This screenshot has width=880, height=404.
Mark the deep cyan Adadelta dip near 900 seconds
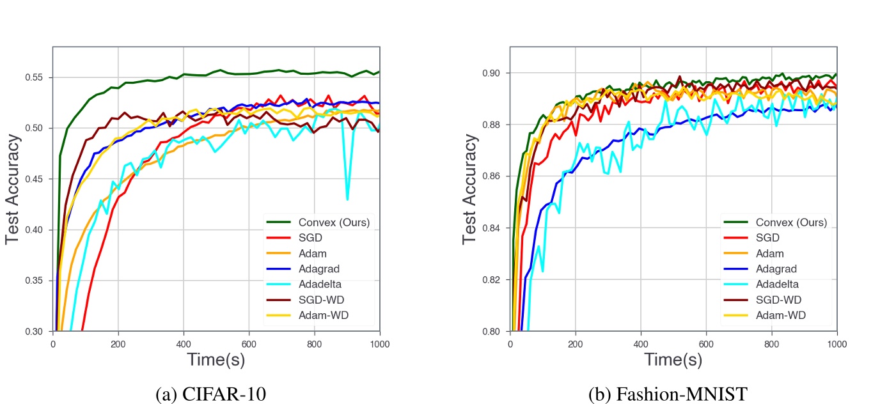click(x=347, y=199)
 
